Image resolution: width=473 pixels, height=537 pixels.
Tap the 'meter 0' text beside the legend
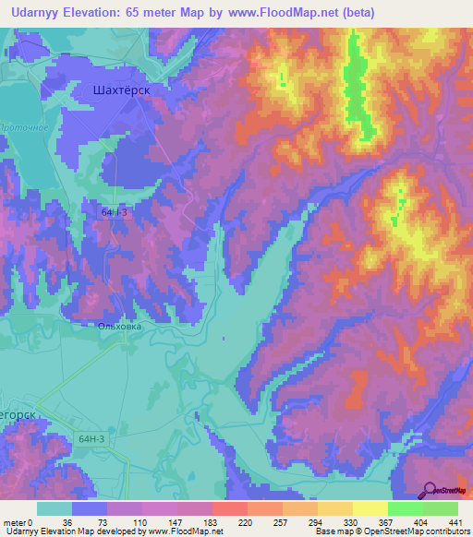(16, 522)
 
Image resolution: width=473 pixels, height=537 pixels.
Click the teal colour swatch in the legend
(54, 508)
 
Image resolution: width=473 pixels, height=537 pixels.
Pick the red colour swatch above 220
(229, 508)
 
